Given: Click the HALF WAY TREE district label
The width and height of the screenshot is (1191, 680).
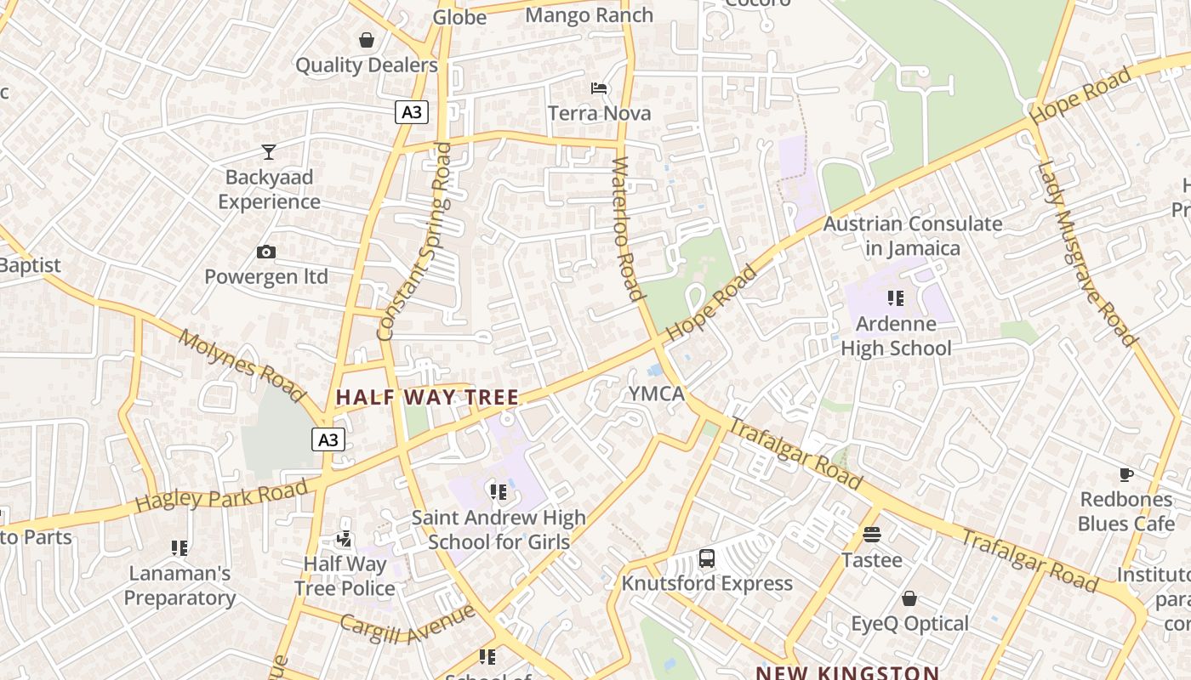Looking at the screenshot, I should [427, 397].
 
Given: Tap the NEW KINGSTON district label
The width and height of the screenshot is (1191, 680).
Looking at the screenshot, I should [847, 672].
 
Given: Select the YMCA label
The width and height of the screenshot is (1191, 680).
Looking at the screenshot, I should [656, 394].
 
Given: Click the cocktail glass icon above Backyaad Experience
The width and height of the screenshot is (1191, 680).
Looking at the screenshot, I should [269, 152].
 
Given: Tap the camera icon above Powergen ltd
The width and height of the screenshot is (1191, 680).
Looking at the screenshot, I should [266, 252].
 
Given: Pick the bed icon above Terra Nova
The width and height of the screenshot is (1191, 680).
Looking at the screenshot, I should [599, 88].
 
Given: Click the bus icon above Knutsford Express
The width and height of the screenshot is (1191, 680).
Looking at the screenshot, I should [707, 558].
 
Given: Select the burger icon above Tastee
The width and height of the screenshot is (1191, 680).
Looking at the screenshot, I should [872, 535].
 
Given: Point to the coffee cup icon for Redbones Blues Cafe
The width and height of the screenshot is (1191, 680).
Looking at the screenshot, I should [1126, 474].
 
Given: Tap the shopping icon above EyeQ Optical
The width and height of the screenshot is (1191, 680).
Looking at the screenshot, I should [909, 598].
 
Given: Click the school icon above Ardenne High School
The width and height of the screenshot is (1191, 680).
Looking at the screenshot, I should [896, 298].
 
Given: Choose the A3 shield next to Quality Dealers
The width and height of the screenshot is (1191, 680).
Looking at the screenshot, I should [411, 112].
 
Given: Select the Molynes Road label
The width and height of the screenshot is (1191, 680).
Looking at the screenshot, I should [242, 365].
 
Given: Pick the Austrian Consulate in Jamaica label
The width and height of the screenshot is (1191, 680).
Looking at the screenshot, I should [912, 236].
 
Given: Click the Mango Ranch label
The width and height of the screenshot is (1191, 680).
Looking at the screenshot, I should [590, 15].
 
